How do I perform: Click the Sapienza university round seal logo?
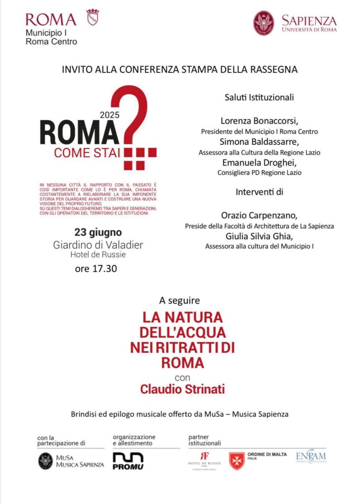(x=263, y=23)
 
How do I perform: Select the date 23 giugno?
(x=98, y=232)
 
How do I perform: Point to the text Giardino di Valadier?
(x=98, y=245)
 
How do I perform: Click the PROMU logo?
(x=128, y=461)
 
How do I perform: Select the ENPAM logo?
(x=310, y=457)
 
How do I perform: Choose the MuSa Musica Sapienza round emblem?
(x=46, y=461)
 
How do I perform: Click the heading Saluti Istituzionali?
(x=259, y=97)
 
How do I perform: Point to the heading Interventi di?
(x=259, y=191)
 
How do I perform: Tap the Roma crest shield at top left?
(x=92, y=17)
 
